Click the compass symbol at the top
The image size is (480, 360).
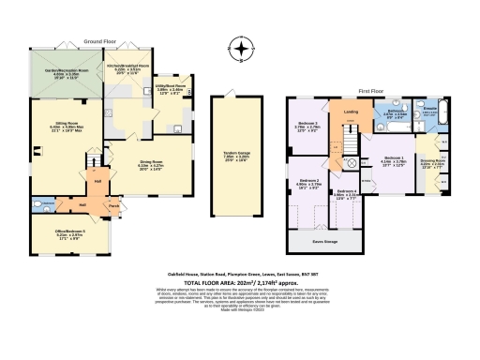pos(242,51)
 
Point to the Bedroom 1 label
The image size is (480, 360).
pos(395,161)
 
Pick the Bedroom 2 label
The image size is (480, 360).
pos(310,183)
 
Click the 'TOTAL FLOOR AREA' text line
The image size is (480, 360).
pos(239,281)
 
